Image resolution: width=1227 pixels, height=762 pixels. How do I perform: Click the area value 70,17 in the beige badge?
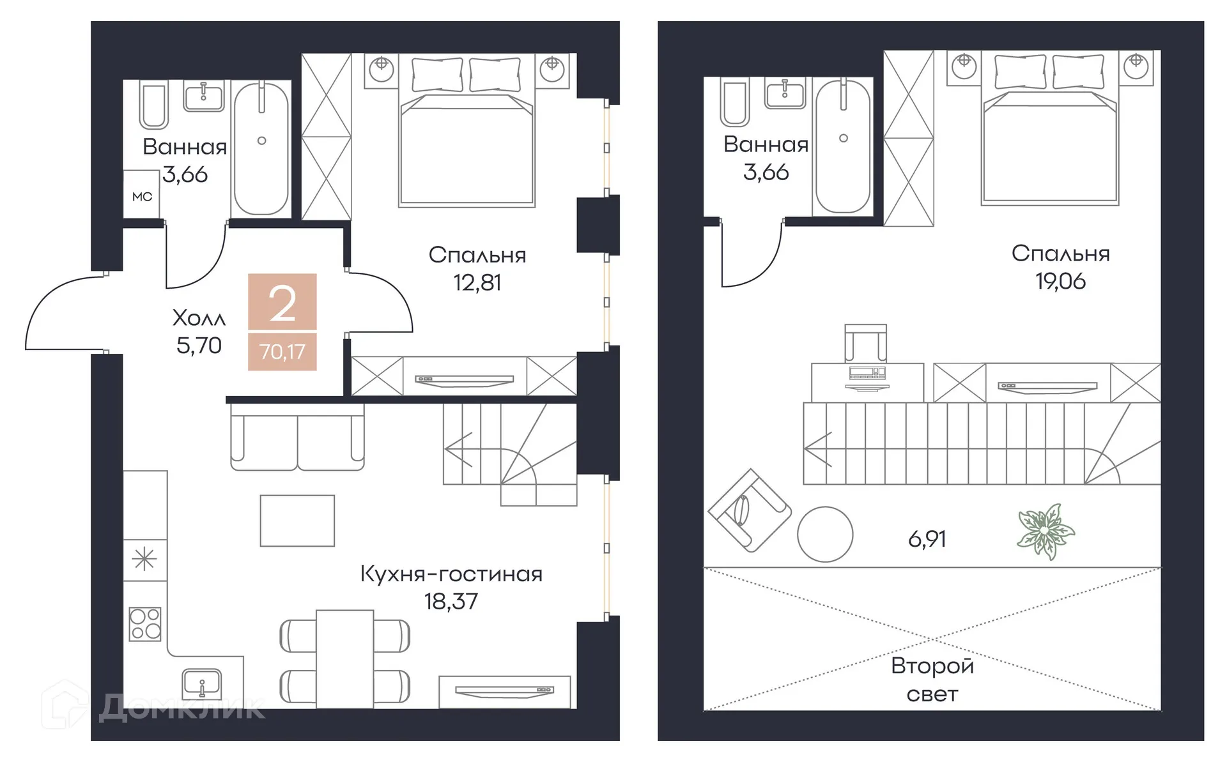click(x=282, y=352)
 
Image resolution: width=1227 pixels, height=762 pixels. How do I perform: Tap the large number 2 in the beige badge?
click(x=282, y=304)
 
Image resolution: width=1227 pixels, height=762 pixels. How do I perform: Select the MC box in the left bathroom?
click(x=142, y=196)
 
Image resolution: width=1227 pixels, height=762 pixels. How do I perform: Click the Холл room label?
click(x=199, y=317)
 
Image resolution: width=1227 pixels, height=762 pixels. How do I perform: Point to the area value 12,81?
click(x=477, y=282)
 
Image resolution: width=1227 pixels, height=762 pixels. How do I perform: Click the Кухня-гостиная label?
click(x=451, y=574)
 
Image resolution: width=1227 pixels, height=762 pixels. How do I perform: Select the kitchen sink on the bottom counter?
click(x=202, y=683)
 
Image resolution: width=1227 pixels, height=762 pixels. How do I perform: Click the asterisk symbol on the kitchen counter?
click(x=144, y=560)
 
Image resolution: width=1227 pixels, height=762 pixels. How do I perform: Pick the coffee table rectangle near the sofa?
click(x=297, y=521)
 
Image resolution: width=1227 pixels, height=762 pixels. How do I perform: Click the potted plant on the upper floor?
click(x=1046, y=532)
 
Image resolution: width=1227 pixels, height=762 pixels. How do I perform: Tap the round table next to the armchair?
click(x=825, y=535)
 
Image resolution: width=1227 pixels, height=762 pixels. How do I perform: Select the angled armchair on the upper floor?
click(x=750, y=511)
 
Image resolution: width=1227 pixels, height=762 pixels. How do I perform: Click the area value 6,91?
click(x=927, y=539)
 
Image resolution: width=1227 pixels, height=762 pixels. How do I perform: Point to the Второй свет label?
click(x=932, y=680)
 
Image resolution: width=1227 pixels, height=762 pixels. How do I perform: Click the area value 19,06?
click(x=1060, y=281)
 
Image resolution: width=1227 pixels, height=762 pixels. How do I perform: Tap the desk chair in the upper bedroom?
click(x=865, y=343)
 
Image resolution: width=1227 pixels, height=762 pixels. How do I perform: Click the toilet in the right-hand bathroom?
click(x=735, y=102)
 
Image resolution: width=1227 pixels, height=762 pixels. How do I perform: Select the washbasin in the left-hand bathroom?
click(x=204, y=96)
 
